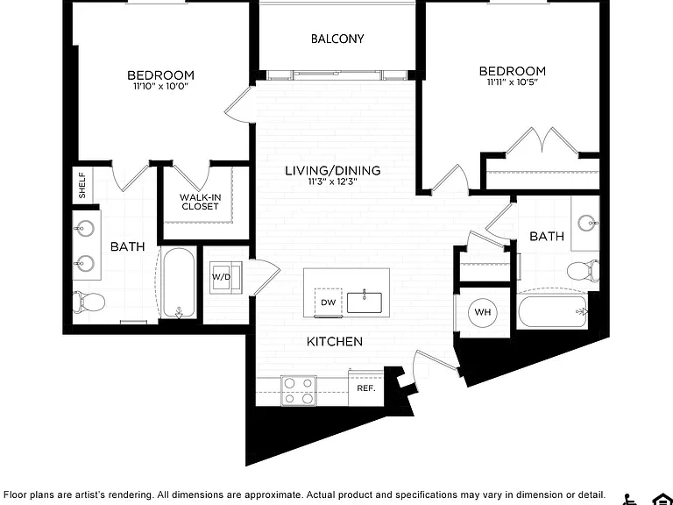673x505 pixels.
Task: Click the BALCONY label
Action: click(x=337, y=39)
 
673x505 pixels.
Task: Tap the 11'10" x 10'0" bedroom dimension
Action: click(x=161, y=86)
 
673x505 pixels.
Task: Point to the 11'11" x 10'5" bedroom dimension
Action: click(x=513, y=82)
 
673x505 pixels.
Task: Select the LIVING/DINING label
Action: click(x=333, y=170)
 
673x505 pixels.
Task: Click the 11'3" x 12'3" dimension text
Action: click(x=333, y=181)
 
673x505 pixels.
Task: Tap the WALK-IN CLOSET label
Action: click(x=200, y=202)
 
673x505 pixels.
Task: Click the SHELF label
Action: click(x=82, y=185)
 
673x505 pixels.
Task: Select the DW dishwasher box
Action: click(x=329, y=302)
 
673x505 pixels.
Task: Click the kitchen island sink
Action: click(x=365, y=302)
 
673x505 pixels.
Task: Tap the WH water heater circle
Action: click(x=483, y=312)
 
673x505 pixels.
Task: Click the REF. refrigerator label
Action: click(x=366, y=388)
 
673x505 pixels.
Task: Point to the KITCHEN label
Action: click(x=335, y=341)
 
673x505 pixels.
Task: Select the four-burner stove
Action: click(x=299, y=390)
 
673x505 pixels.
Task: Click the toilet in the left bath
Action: click(x=89, y=302)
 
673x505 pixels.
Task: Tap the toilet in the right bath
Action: click(x=584, y=271)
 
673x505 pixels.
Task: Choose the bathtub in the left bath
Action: click(x=179, y=282)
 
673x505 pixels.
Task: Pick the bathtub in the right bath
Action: click(x=552, y=312)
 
